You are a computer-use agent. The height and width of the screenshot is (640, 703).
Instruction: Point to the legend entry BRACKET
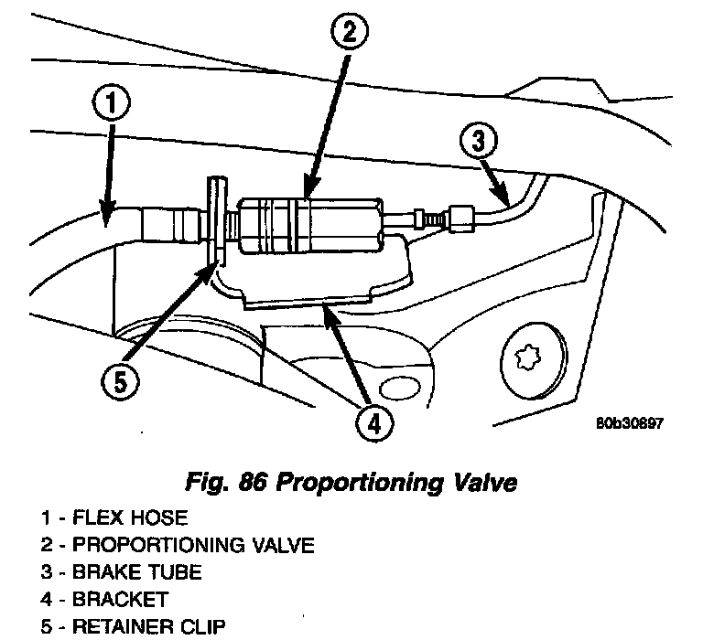134,600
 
